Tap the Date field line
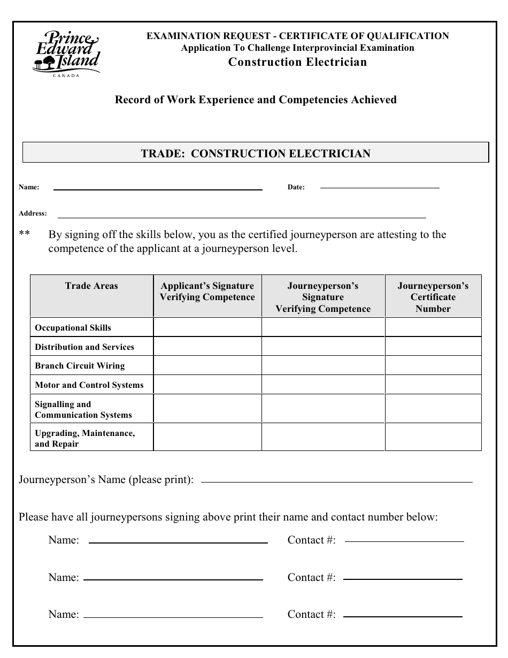(379, 187)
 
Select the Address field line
(242, 217)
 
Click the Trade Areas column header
(91, 286)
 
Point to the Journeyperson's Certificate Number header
(433, 297)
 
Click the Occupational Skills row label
(73, 328)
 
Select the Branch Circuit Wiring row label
(80, 366)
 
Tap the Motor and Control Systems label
(89, 385)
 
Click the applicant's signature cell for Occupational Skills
(207, 327)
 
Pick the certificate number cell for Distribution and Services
(433, 347)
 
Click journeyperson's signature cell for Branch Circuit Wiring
(323, 366)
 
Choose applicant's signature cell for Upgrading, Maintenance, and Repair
(207, 438)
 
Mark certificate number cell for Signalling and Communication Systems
(433, 409)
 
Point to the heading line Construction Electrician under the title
(297, 62)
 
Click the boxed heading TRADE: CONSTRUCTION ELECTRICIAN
(256, 154)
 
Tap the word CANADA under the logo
(66, 75)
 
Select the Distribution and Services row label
(84, 347)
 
